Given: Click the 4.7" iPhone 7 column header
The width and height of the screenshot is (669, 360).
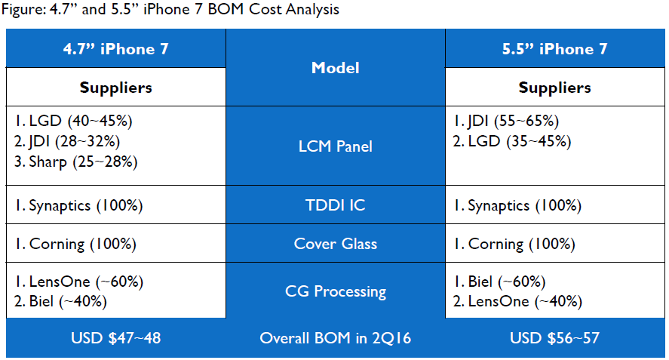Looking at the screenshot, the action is [x=115, y=49].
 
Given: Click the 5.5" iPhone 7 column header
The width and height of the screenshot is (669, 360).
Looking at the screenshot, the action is [x=554, y=49].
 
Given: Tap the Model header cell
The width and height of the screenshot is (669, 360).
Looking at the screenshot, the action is [x=336, y=68].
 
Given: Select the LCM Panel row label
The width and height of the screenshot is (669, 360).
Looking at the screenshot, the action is [x=336, y=146].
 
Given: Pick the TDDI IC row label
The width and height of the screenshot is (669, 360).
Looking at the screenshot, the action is [x=336, y=205].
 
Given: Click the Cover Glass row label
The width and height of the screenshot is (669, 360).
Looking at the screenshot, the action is [x=336, y=244].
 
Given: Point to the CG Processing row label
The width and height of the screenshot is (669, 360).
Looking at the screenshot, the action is [x=336, y=291].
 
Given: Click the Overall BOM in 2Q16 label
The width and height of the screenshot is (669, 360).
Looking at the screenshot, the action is [x=336, y=338].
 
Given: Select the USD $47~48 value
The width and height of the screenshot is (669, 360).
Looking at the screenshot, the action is [x=115, y=338].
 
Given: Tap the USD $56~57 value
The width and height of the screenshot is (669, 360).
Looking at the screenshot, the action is [x=554, y=338].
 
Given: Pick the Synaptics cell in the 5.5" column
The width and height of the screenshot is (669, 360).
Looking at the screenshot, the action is [x=517, y=206].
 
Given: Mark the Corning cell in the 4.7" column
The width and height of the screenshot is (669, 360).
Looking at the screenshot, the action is [x=75, y=245].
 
